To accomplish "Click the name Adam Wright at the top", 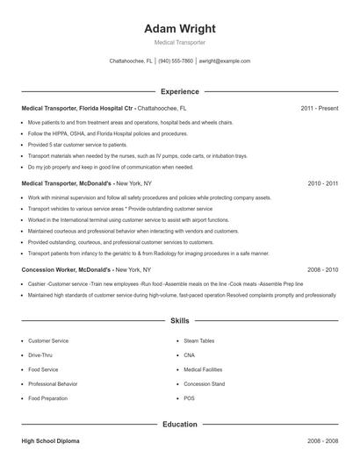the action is pyautogui.click(x=179, y=28).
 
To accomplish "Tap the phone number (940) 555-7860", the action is pyautogui.click(x=176, y=61).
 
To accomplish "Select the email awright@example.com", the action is pyautogui.click(x=225, y=61).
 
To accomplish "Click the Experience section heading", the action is pyautogui.click(x=179, y=91).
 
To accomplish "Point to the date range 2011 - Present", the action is pyautogui.click(x=319, y=108).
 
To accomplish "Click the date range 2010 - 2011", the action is pyautogui.click(x=322, y=184).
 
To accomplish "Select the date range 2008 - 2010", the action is pyautogui.click(x=322, y=270).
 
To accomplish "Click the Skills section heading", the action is pyautogui.click(x=179, y=321).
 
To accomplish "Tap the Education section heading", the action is pyautogui.click(x=179, y=424).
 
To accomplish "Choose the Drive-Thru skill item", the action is pyautogui.click(x=40, y=355).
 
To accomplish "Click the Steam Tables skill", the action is pyautogui.click(x=198, y=340).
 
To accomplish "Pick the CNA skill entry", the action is pyautogui.click(x=189, y=355).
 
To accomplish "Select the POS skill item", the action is pyautogui.click(x=189, y=398).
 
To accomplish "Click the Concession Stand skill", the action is pyautogui.click(x=204, y=383).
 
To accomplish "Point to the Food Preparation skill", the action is pyautogui.click(x=47, y=398).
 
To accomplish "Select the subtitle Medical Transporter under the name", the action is pyautogui.click(x=179, y=43).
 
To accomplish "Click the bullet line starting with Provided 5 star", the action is pyautogui.click(x=77, y=144).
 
